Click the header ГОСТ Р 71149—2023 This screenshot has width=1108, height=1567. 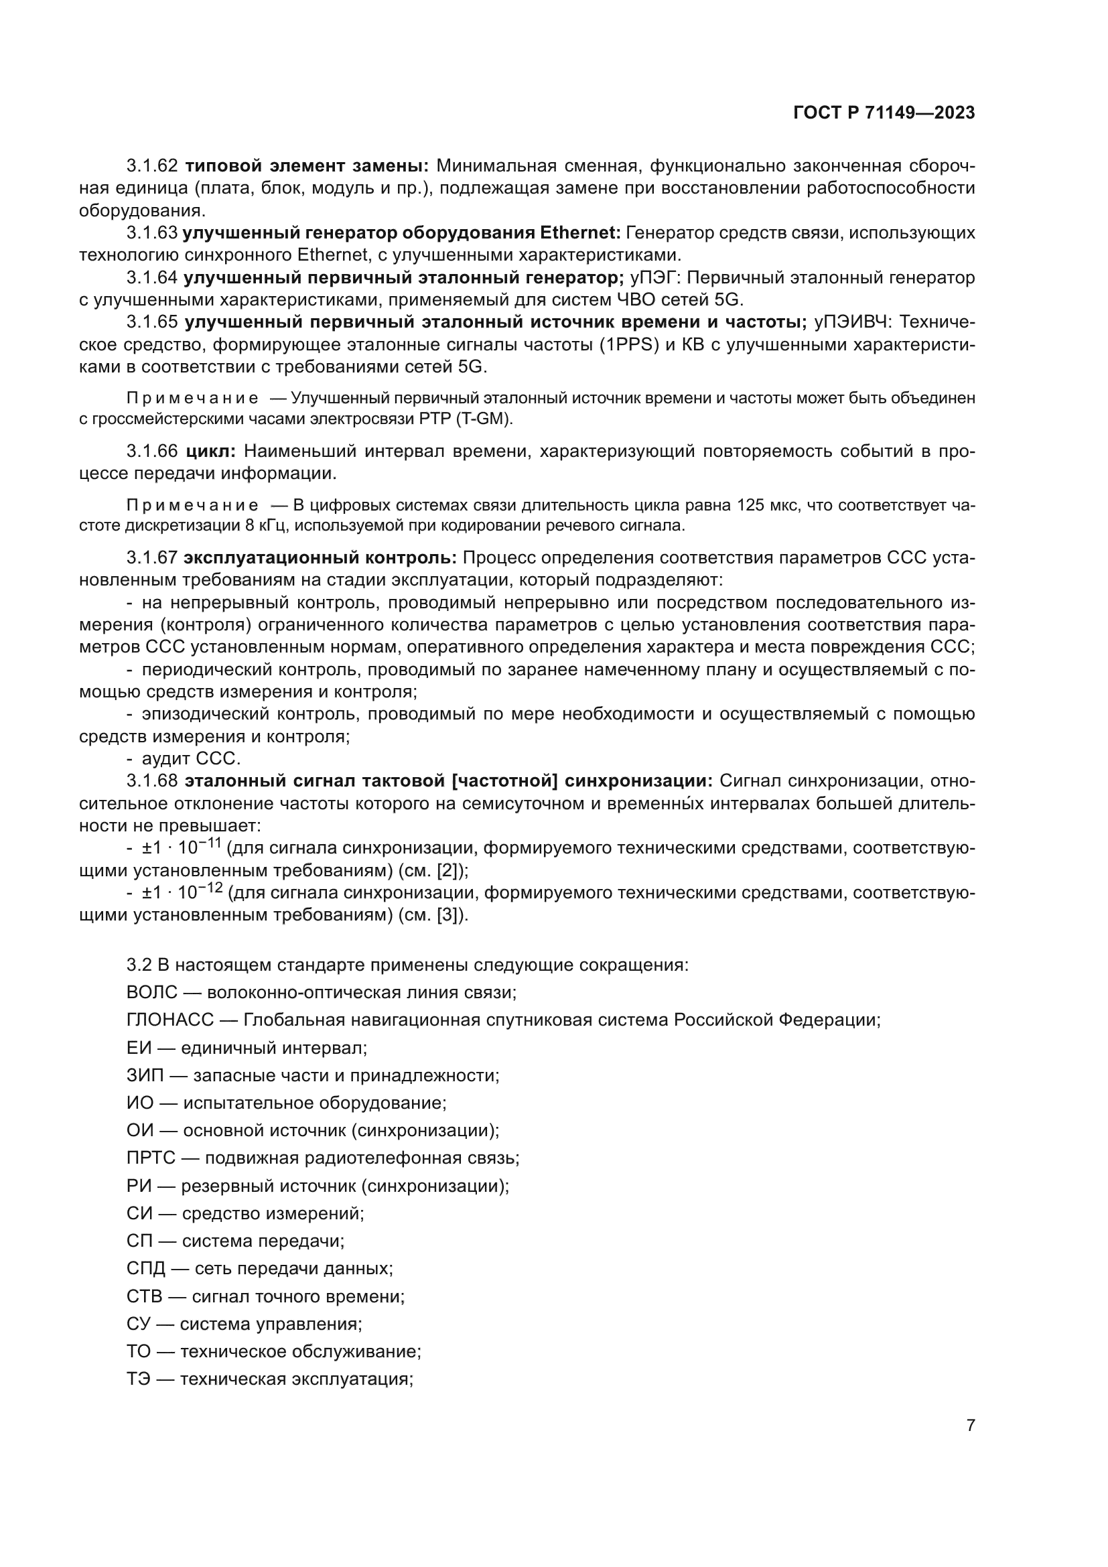(884, 113)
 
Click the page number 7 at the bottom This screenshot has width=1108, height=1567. (970, 1425)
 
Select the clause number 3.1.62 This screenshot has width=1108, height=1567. (151, 166)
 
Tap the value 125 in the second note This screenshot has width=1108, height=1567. (750, 505)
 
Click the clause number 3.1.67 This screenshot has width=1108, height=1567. (151, 558)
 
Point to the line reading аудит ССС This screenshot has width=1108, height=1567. (191, 758)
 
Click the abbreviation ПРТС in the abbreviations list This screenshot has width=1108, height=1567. (151, 1158)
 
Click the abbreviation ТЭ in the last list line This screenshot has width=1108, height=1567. (139, 1379)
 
